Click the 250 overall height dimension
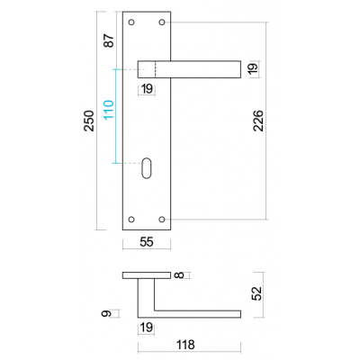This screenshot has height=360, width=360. [x=89, y=121]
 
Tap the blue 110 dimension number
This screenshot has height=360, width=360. [x=109, y=110]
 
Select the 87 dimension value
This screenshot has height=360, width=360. [x=109, y=40]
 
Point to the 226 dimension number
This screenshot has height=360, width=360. [x=258, y=121]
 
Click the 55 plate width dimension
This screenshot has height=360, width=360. [x=147, y=242]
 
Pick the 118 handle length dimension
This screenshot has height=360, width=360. [x=185, y=345]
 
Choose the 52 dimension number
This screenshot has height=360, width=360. [x=257, y=293]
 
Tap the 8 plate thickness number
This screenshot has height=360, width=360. [x=179, y=274]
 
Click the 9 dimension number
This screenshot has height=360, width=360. [x=106, y=314]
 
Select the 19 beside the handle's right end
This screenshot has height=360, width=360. [x=253, y=68]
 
